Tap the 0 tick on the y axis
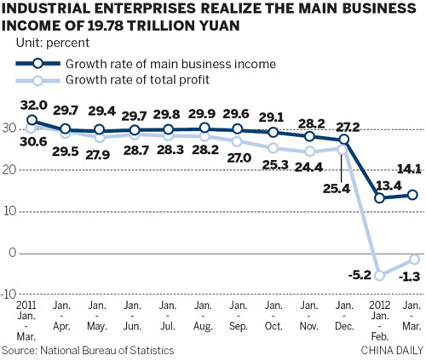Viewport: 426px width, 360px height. click(x=12, y=253)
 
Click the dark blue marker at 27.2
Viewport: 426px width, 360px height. click(x=344, y=139)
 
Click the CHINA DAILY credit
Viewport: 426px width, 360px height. click(x=391, y=350)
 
